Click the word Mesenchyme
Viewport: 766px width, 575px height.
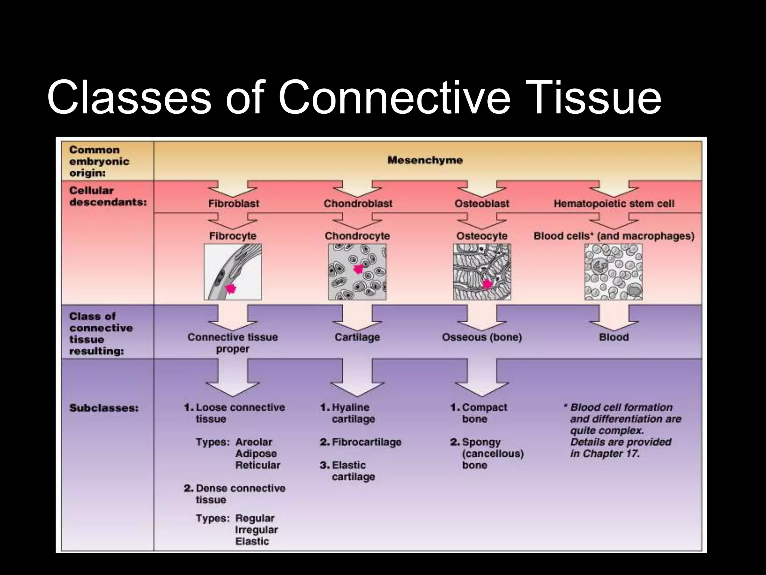click(425, 160)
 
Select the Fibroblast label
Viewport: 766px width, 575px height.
click(234, 204)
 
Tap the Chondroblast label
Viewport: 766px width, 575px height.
click(358, 204)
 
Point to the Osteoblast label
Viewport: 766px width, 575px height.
click(482, 204)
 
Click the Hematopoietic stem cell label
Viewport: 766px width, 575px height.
click(614, 204)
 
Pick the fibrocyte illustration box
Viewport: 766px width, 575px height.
click(233, 272)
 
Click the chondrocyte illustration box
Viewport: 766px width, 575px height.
click(357, 272)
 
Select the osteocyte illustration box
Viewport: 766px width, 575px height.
click(482, 272)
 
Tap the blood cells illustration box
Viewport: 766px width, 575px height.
click(613, 272)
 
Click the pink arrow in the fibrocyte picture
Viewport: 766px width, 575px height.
click(231, 288)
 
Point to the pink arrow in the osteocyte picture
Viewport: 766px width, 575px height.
click(487, 284)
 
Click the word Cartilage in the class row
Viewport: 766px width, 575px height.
click(357, 337)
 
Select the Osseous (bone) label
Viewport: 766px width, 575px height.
click(482, 337)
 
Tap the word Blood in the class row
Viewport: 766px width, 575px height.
click(614, 337)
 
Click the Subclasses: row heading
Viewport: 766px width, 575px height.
click(104, 408)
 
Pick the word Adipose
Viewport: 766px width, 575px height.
click(256, 454)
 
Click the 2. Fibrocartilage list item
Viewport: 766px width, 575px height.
click(361, 442)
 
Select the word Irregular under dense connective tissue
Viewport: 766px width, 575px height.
click(256, 530)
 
